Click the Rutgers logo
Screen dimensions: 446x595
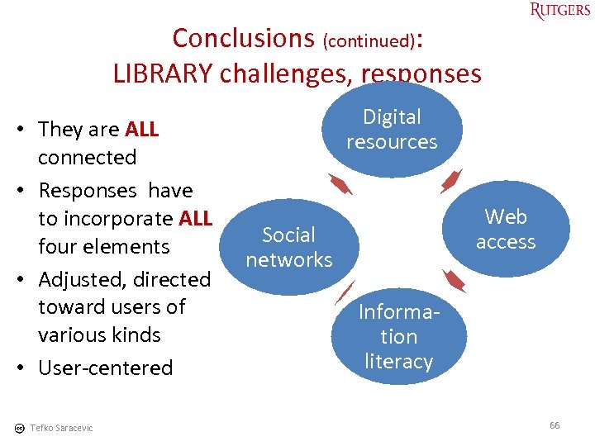[x=560, y=11]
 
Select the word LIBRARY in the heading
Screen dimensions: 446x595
[x=162, y=74]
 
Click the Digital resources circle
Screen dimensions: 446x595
[x=392, y=130]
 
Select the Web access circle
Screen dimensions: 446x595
[x=505, y=229]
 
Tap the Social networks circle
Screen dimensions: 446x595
[x=288, y=247]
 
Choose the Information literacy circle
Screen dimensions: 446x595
[x=398, y=336]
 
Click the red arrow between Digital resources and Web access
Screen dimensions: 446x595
[x=451, y=181]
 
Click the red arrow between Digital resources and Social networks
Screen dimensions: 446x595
[x=340, y=184]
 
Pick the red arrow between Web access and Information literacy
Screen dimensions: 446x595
[x=454, y=281]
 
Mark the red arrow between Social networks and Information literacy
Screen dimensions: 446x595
[x=344, y=293]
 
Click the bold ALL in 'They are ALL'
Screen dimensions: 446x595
[x=141, y=130]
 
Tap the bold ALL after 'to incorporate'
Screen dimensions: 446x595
[x=195, y=219]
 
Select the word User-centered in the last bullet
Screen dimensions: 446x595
[x=106, y=368]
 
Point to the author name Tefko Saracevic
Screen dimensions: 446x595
[x=61, y=428]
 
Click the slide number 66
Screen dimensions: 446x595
[x=555, y=425]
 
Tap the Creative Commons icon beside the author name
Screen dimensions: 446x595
[x=19, y=428]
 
